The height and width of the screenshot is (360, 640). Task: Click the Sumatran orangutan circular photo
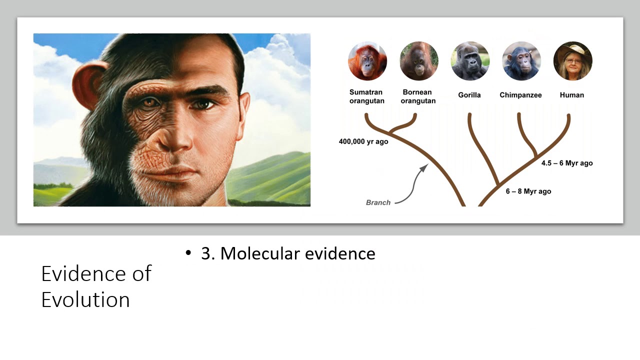click(367, 61)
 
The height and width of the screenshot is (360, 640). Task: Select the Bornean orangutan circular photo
click(419, 61)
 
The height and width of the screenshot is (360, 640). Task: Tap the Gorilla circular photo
click(470, 61)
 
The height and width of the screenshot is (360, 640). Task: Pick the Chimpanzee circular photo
click(521, 61)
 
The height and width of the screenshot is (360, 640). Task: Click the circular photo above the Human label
click(572, 61)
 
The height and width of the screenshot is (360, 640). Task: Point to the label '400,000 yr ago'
click(363, 141)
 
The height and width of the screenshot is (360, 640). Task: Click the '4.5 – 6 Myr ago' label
click(567, 163)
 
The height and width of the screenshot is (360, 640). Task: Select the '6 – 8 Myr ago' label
click(528, 191)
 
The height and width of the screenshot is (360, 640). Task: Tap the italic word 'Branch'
click(378, 202)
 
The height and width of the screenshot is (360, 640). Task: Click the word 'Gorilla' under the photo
click(469, 95)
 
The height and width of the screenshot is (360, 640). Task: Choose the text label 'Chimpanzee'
click(520, 95)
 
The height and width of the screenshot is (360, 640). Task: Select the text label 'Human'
click(572, 95)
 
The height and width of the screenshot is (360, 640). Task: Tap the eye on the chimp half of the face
click(149, 102)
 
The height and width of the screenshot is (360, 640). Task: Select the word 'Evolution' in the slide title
click(85, 300)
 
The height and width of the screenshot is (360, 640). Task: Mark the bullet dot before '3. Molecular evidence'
click(188, 253)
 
